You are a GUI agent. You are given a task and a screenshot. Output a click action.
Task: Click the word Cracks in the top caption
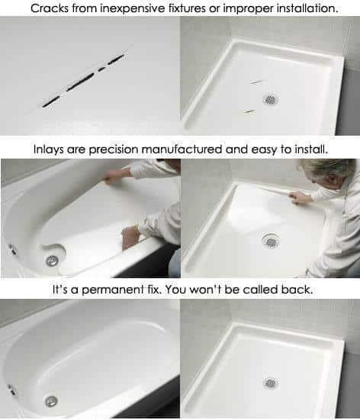(43, 8)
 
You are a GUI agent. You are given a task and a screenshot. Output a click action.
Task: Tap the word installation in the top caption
(299, 8)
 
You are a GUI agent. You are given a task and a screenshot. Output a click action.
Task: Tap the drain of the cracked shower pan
(271, 99)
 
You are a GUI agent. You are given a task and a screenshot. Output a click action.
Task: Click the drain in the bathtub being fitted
(51, 261)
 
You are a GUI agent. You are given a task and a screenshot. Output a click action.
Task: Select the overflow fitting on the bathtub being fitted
(11, 248)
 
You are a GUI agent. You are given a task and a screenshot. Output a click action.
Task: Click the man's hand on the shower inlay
(300, 197)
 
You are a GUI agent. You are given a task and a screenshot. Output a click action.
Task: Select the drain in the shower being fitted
(270, 241)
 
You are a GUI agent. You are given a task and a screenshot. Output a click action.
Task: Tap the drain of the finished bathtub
(50, 400)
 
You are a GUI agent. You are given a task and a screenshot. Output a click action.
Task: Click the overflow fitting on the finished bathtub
(11, 389)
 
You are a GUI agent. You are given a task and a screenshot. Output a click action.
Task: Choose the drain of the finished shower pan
(270, 383)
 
